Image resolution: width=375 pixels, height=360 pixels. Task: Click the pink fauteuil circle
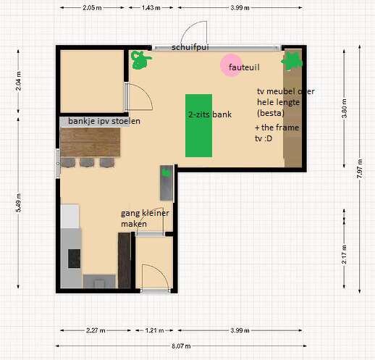231,65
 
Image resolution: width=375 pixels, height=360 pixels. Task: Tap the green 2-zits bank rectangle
198,125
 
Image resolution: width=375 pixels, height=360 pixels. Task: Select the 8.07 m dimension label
181,346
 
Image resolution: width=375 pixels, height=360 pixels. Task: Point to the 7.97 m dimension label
359,169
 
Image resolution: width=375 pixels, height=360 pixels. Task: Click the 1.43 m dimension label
151,8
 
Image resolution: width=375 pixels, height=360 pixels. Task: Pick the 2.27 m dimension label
96,330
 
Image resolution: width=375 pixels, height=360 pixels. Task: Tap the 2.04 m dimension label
18,81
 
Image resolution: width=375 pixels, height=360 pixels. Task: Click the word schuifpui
190,47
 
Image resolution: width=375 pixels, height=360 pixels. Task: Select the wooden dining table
90,142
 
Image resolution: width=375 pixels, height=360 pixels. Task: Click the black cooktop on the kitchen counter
74,259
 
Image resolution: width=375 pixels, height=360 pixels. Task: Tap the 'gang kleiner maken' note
145,218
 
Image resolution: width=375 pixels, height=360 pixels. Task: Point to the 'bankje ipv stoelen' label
104,121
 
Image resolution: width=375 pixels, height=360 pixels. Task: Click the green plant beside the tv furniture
292,62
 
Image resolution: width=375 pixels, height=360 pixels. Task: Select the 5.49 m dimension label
18,203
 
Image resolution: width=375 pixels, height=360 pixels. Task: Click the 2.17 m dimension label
345,254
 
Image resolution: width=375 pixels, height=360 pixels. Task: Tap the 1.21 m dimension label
154,330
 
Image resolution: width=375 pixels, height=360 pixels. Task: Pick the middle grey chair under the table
87,162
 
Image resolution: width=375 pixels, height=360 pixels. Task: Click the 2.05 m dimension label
92,8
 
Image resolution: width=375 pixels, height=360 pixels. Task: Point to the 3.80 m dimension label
345,109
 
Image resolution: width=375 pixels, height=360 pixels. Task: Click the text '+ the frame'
277,127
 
